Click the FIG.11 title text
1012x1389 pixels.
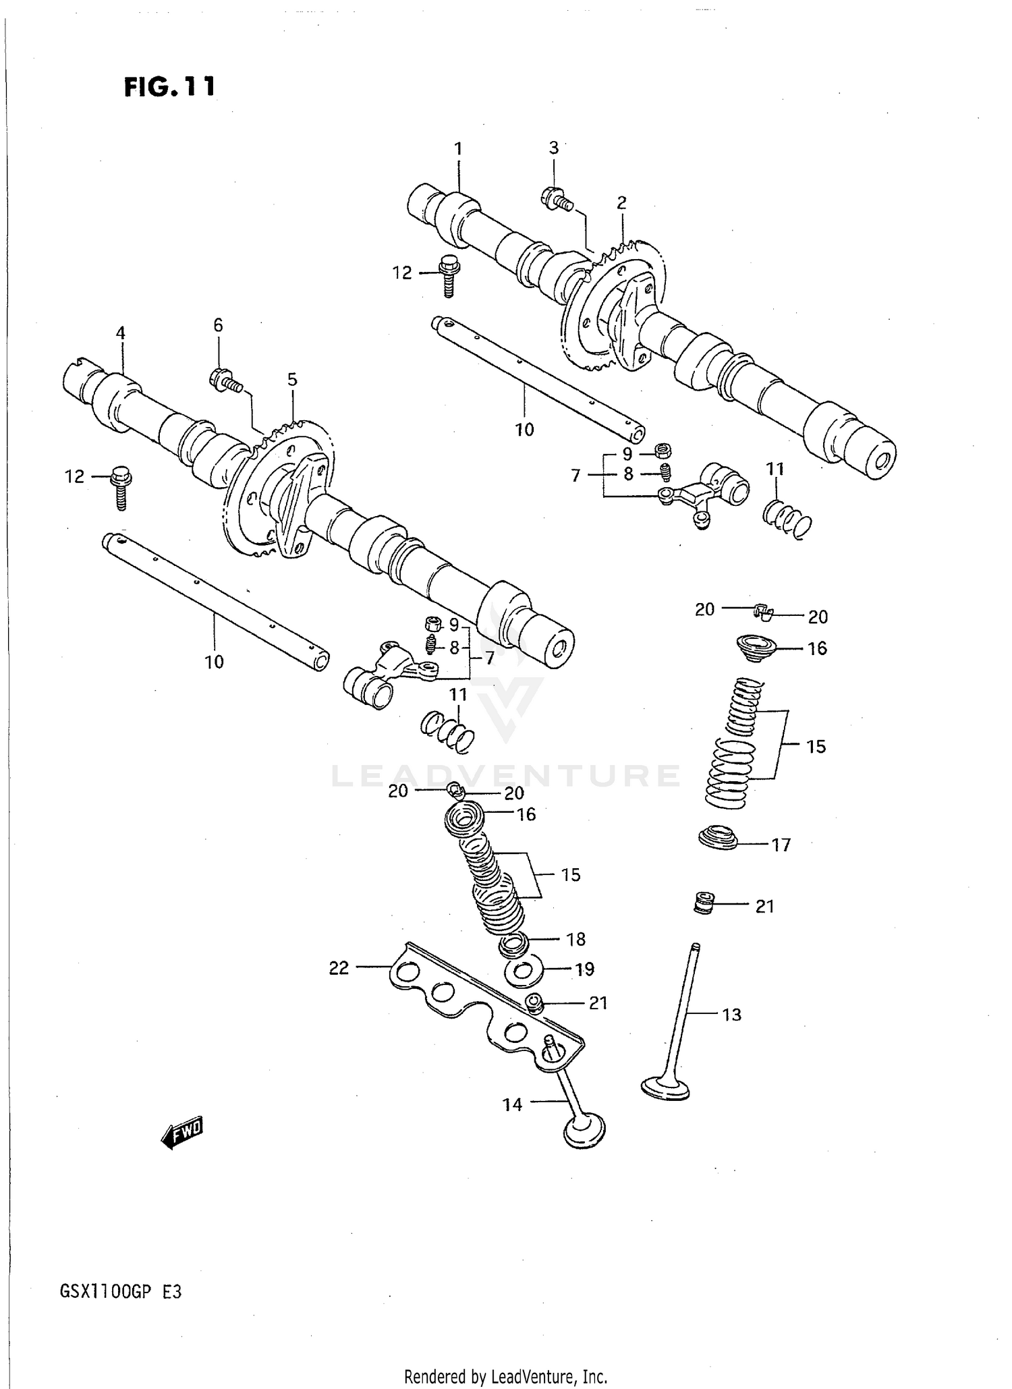tap(170, 87)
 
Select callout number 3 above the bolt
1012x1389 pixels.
tap(553, 148)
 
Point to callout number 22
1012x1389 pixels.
tap(339, 968)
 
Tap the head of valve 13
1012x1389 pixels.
tap(665, 1088)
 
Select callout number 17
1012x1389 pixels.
tap(781, 845)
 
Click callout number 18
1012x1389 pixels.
tap(575, 939)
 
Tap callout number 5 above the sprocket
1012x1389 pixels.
tap(292, 380)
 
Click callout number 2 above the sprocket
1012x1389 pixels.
tap(621, 202)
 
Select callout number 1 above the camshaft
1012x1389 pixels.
tap(459, 148)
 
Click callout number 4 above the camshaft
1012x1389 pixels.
tap(120, 333)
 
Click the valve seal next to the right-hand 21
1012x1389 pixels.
tap(704, 903)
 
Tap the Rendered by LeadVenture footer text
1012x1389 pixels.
tap(505, 1377)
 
